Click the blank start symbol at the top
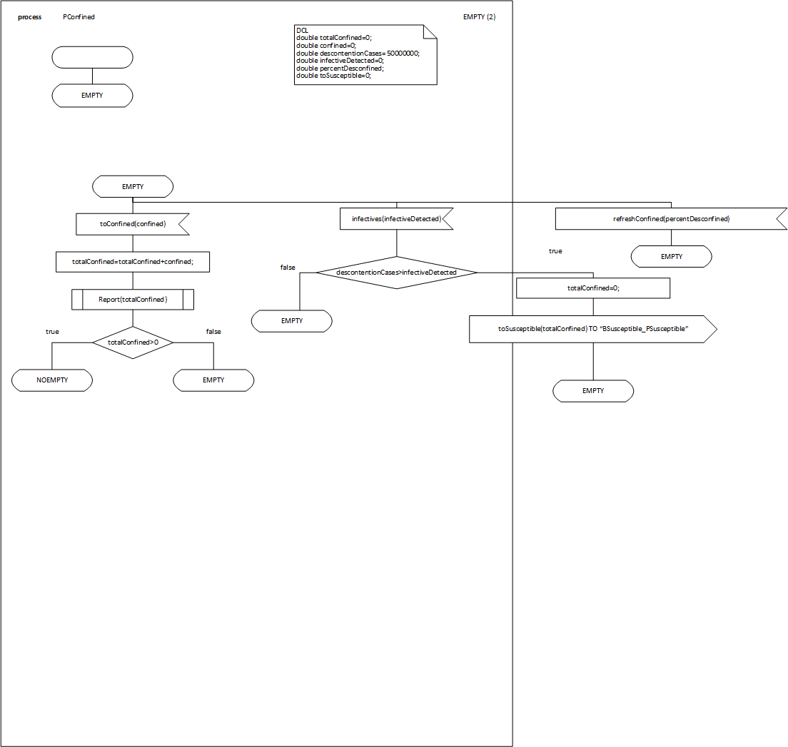pos(93,57)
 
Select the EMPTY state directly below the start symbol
pos(93,96)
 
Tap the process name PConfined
pos(79,17)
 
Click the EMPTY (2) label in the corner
pos(480,17)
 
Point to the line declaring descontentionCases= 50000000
pos(358,53)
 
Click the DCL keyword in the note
pos(302,30)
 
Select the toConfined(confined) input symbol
pos(132,224)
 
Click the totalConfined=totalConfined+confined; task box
pos(133,262)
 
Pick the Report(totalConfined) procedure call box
pos(133,299)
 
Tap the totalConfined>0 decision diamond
pos(133,342)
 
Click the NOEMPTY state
pos(52,380)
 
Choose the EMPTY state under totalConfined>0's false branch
pos(213,380)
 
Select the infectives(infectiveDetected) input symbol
pos(396,220)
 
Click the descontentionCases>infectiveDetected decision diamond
pos(396,273)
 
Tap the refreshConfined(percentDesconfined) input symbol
pos(671,219)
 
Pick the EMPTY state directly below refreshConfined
pos(671,256)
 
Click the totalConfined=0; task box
pos(593,288)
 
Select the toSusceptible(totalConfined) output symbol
pos(592,329)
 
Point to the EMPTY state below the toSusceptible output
pos(593,391)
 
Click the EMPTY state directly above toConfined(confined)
pos(133,187)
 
